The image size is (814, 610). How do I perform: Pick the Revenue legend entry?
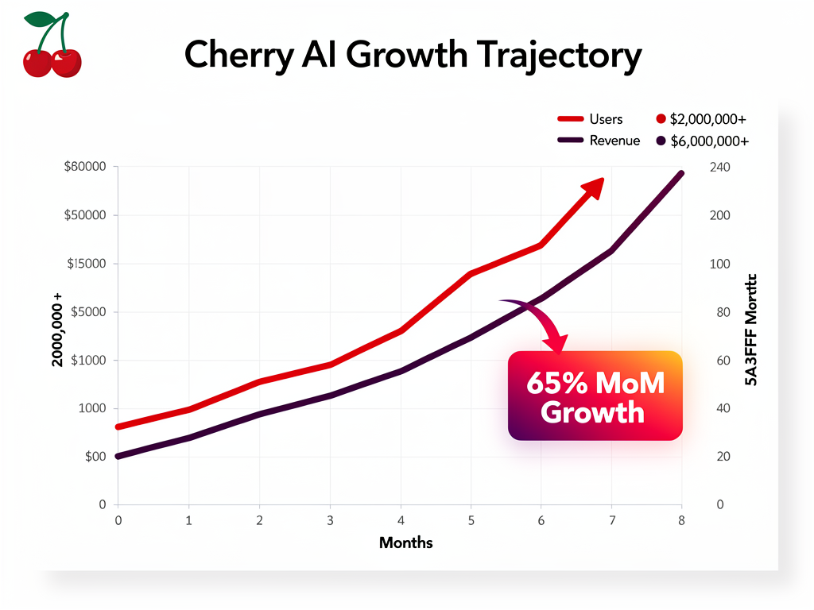coord(598,141)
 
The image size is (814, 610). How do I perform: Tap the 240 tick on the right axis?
coord(719,167)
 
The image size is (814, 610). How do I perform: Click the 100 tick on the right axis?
coord(719,264)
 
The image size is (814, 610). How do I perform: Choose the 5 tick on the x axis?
coord(471,520)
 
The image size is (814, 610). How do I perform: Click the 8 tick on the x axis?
coord(681,520)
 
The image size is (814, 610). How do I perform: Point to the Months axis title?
coord(406,543)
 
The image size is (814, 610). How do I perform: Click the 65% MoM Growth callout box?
coord(595,396)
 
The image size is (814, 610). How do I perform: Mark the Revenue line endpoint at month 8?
coord(680,173)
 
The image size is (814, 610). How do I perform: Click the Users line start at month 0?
coord(118,427)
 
